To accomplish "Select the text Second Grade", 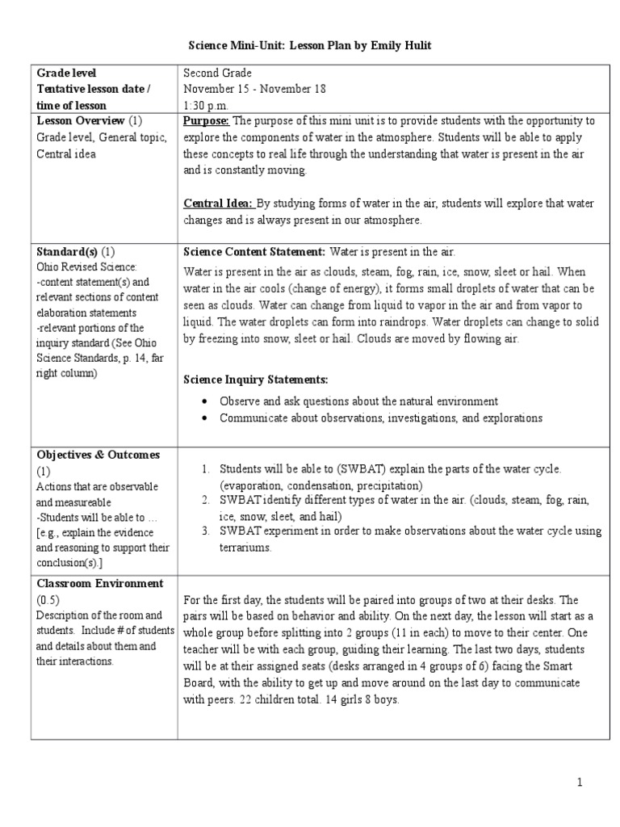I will pyautogui.click(x=218, y=73).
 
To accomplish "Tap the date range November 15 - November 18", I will pyautogui.click(x=254, y=89).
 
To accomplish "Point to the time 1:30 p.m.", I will pyautogui.click(x=206, y=105).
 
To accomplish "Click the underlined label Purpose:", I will pyautogui.click(x=207, y=121).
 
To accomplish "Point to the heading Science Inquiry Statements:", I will pyautogui.click(x=256, y=380).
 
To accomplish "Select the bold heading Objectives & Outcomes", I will pyautogui.click(x=98, y=455).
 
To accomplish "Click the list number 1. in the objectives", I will pyautogui.click(x=206, y=469).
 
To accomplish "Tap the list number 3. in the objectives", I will pyautogui.click(x=206, y=531).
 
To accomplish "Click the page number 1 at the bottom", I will pyautogui.click(x=579, y=783).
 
